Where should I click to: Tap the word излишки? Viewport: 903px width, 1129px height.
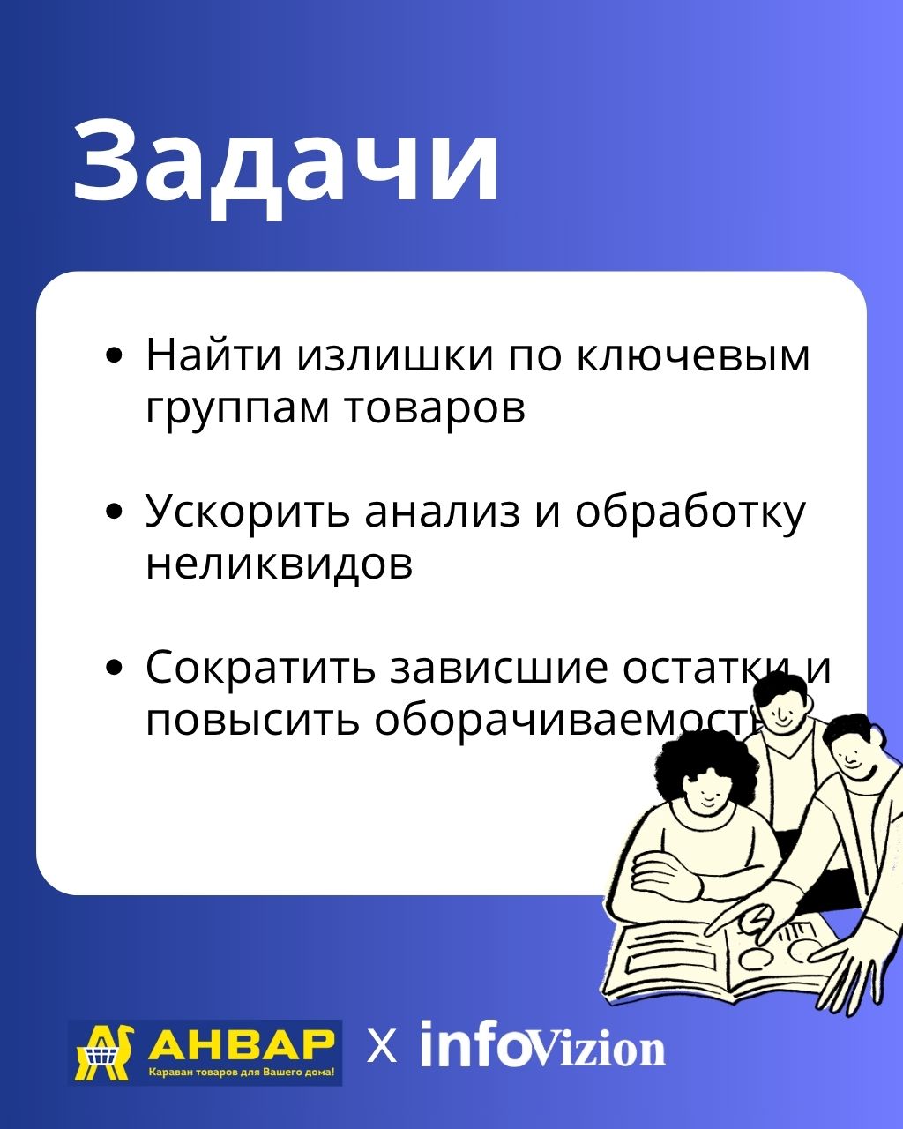click(x=396, y=355)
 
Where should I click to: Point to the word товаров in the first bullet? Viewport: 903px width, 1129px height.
click(x=435, y=408)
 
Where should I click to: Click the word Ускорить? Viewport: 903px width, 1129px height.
click(x=247, y=511)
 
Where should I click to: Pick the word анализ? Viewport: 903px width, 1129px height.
click(x=443, y=512)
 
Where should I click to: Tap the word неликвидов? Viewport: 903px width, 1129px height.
click(x=280, y=565)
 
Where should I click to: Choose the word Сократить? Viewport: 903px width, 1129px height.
click(x=261, y=668)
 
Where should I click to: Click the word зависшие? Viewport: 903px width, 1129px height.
click(x=498, y=668)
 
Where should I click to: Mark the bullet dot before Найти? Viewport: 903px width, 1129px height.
click(x=114, y=355)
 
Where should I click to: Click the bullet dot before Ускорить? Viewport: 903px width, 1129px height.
click(x=114, y=512)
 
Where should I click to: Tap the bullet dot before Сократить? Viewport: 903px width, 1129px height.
click(x=114, y=668)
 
